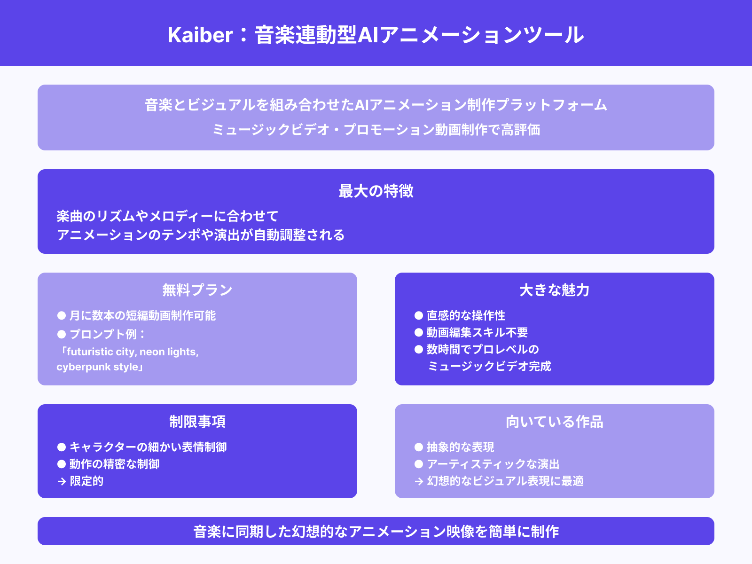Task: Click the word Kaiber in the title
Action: click(x=200, y=35)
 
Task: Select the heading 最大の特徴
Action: click(x=376, y=191)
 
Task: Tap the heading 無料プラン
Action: click(x=197, y=290)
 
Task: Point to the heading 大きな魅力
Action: click(x=555, y=290)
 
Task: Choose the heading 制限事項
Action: click(x=197, y=422)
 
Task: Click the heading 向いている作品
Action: click(x=555, y=422)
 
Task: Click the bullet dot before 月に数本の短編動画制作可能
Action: click(x=62, y=315)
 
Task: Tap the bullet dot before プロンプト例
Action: click(x=62, y=334)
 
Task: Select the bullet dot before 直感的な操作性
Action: click(x=419, y=315)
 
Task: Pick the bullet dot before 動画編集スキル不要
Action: click(x=419, y=332)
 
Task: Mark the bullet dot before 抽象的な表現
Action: click(x=419, y=447)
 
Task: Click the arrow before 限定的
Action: click(x=62, y=481)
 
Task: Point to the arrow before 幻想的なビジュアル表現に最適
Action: click(x=419, y=481)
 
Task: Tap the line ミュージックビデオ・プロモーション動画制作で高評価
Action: click(x=376, y=129)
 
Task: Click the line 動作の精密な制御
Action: click(x=114, y=464)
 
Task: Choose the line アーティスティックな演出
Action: click(x=493, y=464)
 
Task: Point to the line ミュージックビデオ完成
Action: click(x=489, y=366)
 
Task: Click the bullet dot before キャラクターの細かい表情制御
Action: click(x=62, y=447)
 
